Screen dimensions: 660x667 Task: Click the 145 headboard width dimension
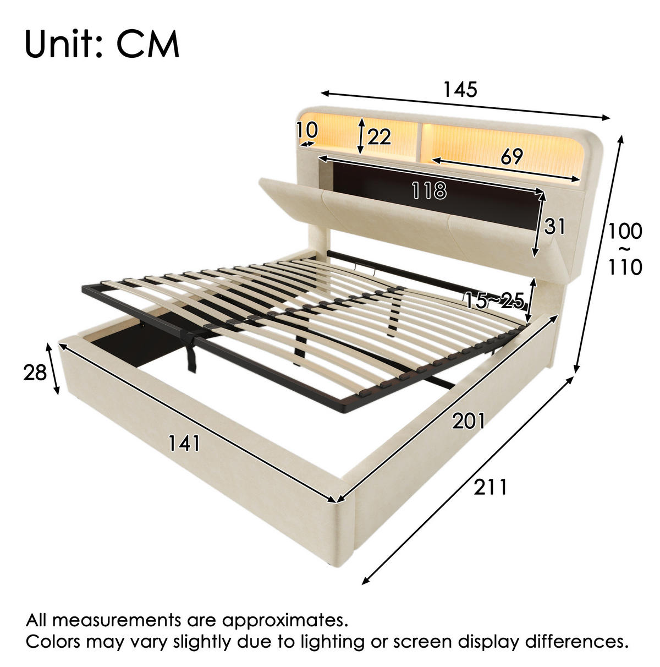point(460,89)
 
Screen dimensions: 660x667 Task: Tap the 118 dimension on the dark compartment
point(429,191)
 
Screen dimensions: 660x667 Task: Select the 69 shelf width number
point(512,157)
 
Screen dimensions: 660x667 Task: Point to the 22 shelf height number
point(379,136)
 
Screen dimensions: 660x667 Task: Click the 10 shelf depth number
point(307,130)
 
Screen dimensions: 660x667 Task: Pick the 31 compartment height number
point(554,227)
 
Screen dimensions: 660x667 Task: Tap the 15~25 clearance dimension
point(494,300)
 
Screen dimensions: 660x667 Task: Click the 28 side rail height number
point(35,373)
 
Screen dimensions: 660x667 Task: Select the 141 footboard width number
point(184,444)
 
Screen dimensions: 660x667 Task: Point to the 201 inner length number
point(468,421)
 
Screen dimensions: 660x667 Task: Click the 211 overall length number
point(490,487)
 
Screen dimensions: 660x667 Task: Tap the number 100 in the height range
point(625,231)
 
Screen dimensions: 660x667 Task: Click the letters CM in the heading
point(147,44)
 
